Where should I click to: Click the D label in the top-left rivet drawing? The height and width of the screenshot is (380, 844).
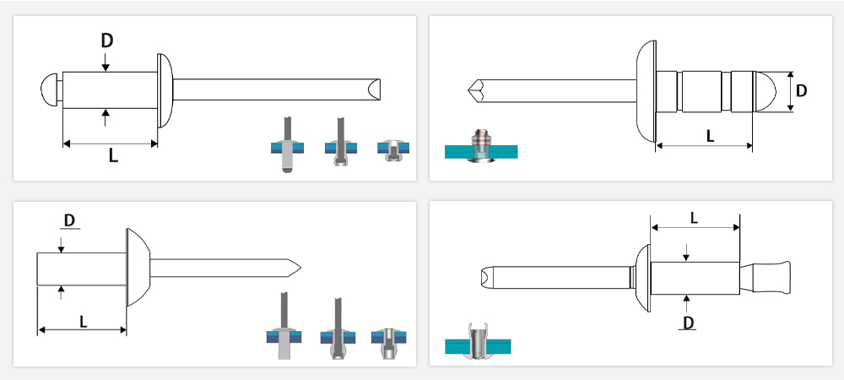pyautogui.click(x=106, y=41)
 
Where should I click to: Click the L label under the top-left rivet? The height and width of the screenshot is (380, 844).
pyautogui.click(x=113, y=155)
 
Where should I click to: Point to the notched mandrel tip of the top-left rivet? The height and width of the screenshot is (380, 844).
pyautogui.click(x=374, y=90)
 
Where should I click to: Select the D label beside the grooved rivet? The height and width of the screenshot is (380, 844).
pyautogui.click(x=801, y=91)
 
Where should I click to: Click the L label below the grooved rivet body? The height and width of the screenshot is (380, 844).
pyautogui.click(x=710, y=136)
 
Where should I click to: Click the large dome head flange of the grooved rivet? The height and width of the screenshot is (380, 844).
pyautogui.click(x=647, y=91)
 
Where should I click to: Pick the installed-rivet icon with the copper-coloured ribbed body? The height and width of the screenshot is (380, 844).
pyautogui.click(x=481, y=146)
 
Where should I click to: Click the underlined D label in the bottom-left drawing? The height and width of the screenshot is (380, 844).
pyautogui.click(x=69, y=220)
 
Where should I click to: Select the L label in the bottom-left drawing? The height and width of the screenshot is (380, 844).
pyautogui.click(x=84, y=322)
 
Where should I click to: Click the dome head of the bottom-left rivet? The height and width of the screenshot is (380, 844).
pyautogui.click(x=138, y=268)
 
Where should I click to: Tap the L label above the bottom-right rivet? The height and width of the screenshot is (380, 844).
pyautogui.click(x=694, y=218)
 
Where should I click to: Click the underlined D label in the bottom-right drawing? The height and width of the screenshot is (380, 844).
pyautogui.click(x=687, y=323)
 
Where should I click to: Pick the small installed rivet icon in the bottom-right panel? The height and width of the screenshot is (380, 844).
pyautogui.click(x=478, y=342)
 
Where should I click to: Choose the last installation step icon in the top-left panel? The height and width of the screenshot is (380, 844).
pyautogui.click(x=393, y=150)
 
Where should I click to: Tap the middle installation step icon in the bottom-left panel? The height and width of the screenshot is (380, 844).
pyautogui.click(x=338, y=328)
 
